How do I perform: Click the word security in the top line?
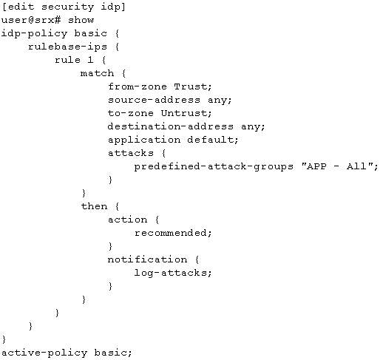[x=67, y=7]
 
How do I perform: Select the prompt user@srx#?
[x=31, y=20]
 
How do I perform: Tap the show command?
[x=81, y=20]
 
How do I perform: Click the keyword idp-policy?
[x=34, y=33]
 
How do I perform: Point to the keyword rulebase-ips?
[x=67, y=47]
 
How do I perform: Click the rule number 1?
[x=90, y=60]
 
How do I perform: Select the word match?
[x=97, y=73]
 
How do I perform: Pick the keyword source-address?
[x=154, y=100]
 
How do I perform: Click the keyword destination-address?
[x=171, y=126]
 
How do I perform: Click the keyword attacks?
[x=131, y=153]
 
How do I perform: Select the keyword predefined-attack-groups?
[x=214, y=167]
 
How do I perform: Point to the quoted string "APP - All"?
[x=337, y=166]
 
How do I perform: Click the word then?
[x=94, y=206]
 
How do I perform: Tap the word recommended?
[x=171, y=233]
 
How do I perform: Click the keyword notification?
[x=147, y=259]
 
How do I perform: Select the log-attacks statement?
[x=173, y=273]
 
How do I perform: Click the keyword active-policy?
[x=44, y=353]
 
